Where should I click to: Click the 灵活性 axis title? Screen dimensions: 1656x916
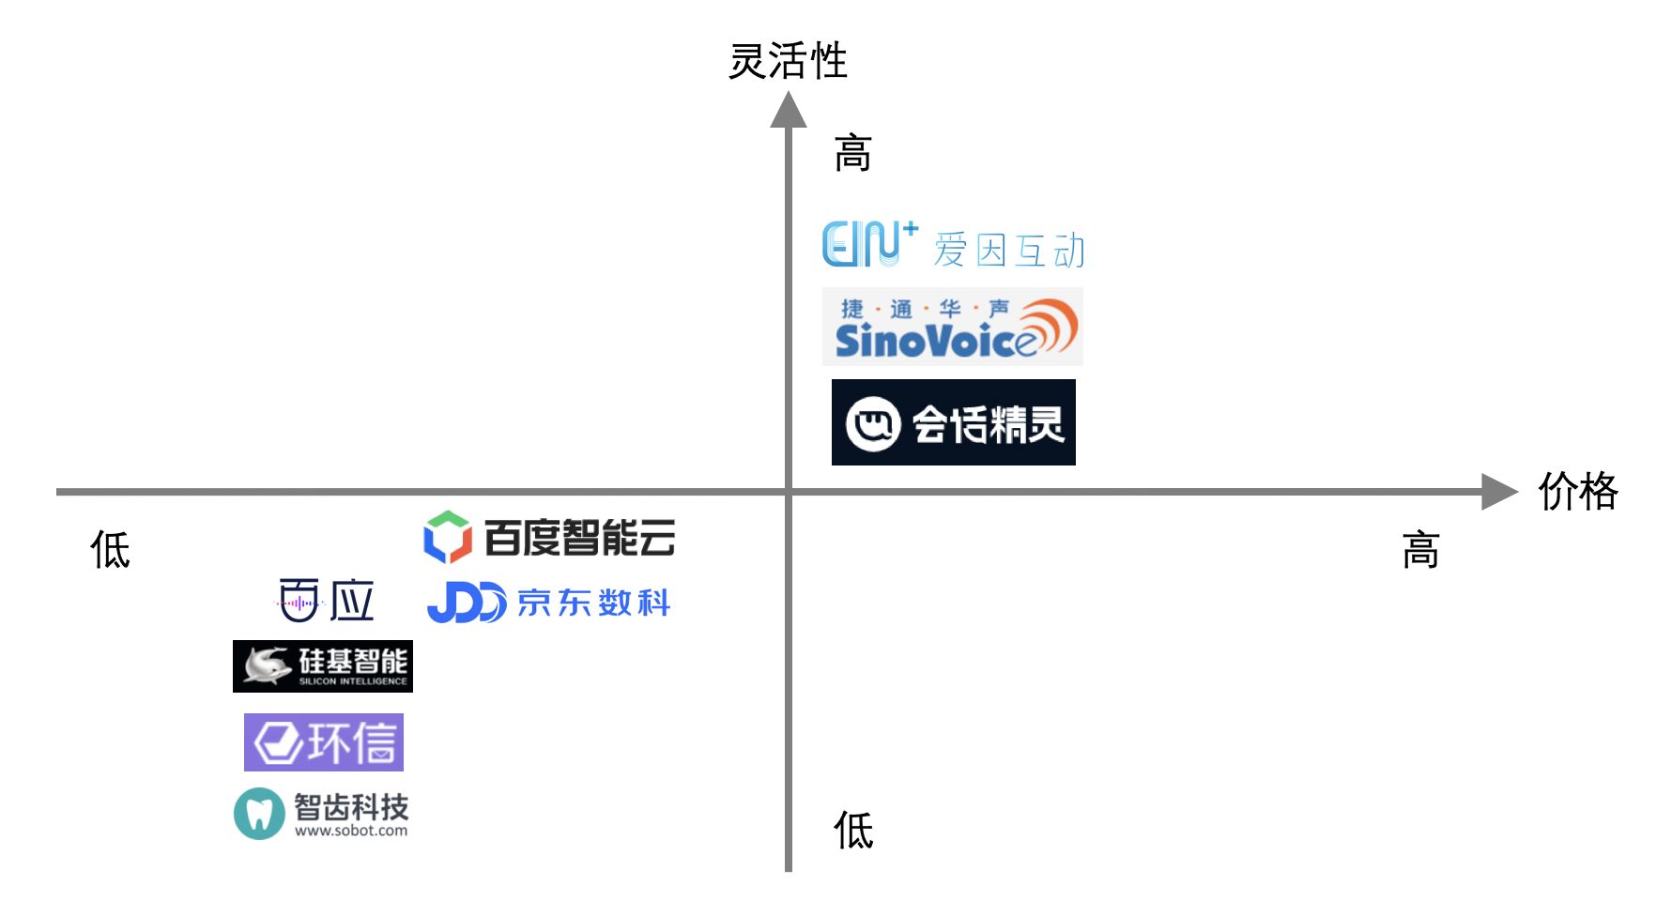click(x=788, y=61)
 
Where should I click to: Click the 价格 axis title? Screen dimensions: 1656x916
click(x=1578, y=491)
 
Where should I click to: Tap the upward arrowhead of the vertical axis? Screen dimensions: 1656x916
click(x=789, y=110)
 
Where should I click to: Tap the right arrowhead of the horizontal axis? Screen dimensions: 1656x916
click(x=1499, y=491)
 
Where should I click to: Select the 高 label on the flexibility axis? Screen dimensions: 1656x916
click(x=853, y=153)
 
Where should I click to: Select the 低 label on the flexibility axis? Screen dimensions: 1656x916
click(x=853, y=831)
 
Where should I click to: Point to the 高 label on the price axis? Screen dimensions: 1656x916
click(x=1420, y=550)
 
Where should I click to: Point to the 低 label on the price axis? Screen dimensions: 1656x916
click(x=110, y=550)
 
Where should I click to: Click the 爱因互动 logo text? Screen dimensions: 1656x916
click(x=1009, y=251)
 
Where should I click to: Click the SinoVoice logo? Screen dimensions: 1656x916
click(x=953, y=327)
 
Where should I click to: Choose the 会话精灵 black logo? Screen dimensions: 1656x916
click(x=954, y=422)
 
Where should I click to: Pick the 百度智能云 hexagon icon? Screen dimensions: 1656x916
click(x=447, y=537)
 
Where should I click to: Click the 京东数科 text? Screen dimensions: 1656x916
click(x=594, y=603)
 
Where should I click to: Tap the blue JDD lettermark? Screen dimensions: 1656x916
click(x=467, y=603)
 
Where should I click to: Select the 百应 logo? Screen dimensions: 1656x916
click(x=327, y=601)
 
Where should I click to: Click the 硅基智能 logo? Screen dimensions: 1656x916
click(x=323, y=666)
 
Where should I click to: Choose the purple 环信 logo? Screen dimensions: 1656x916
click(x=324, y=742)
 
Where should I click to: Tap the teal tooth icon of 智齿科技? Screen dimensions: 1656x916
click(x=259, y=814)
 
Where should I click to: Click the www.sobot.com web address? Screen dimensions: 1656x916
click(x=351, y=831)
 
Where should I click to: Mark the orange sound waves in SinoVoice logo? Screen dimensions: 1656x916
click(x=1050, y=327)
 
